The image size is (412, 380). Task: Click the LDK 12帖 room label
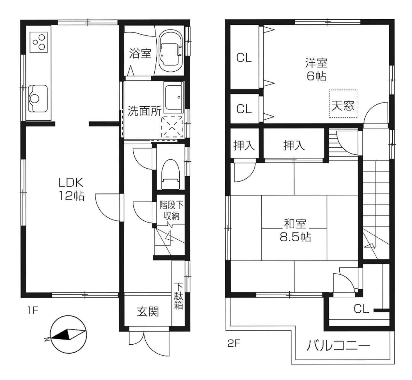[72, 189]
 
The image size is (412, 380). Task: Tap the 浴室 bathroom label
[140, 53]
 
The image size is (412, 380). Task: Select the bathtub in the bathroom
[170, 51]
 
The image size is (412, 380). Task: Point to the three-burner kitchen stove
[39, 42]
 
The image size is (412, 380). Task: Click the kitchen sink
[38, 99]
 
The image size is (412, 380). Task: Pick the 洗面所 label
[144, 111]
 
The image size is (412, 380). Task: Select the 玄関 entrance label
[148, 312]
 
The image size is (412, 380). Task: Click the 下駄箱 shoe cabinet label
[178, 296]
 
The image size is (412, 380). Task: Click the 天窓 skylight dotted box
[343, 104]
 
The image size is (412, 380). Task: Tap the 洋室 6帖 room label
[316, 70]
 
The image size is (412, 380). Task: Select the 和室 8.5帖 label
[295, 231]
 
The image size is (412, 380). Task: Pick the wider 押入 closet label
[294, 145]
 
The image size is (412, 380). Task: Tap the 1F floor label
[33, 311]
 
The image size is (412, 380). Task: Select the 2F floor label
[234, 343]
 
